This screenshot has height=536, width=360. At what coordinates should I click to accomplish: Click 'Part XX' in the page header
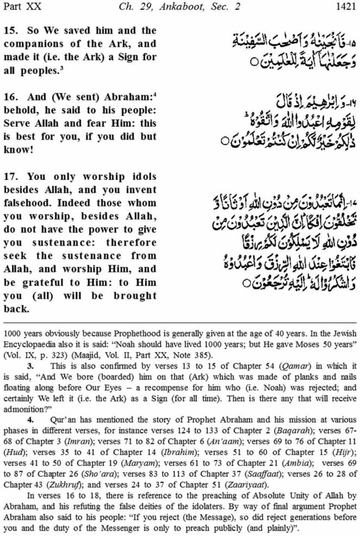pyautogui.click(x=21, y=6)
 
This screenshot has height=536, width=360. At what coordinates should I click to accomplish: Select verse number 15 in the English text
pyautogui.click(x=10, y=31)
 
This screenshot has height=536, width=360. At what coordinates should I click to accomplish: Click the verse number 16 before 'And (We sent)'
pyautogui.click(x=10, y=97)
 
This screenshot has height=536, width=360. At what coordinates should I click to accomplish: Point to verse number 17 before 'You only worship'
pyautogui.click(x=10, y=177)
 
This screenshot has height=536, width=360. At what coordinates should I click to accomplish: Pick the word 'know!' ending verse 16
pyautogui.click(x=16, y=150)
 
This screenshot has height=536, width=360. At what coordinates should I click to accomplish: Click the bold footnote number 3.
pyautogui.click(x=31, y=366)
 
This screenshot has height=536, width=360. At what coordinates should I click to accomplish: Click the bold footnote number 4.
pyautogui.click(x=31, y=420)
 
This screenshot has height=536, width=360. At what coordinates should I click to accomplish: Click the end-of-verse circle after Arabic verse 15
pyautogui.click(x=254, y=61)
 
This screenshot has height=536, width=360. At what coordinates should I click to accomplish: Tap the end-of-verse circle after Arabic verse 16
pyautogui.click(x=225, y=142)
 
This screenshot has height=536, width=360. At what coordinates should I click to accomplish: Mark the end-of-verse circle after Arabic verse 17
pyautogui.click(x=246, y=283)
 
